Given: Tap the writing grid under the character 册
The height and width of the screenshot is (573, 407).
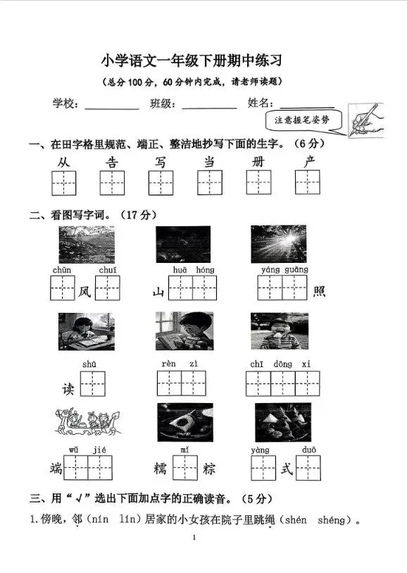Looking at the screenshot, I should [x=258, y=183].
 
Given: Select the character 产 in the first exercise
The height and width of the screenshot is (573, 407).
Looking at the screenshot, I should [x=308, y=163].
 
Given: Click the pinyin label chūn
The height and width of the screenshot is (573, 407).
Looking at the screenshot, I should [x=61, y=269].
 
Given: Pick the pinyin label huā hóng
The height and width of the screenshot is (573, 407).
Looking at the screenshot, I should [x=193, y=269].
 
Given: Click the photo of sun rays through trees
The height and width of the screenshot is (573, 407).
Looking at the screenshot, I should [x=278, y=244].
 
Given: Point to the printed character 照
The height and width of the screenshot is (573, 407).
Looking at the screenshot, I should [x=319, y=290].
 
